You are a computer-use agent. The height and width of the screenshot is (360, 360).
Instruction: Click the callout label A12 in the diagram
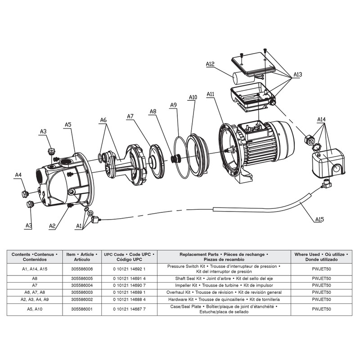pos(210,64)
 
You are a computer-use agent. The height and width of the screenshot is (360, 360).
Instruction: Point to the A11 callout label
pos(210,94)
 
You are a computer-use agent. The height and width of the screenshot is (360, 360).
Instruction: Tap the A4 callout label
pos(18,175)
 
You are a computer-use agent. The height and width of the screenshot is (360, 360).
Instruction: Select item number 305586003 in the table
pos(81,292)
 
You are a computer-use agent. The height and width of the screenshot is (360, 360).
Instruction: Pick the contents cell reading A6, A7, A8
pos(34,292)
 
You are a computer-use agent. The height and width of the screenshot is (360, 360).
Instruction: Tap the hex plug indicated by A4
pos(25,194)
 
